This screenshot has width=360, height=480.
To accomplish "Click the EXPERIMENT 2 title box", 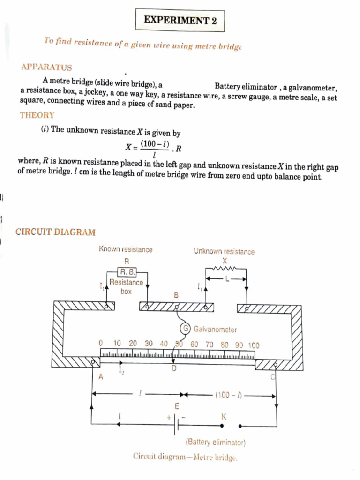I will (x=176, y=20).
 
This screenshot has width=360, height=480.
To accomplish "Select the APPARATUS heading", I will (x=46, y=67).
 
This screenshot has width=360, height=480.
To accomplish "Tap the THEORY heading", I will (x=37, y=115).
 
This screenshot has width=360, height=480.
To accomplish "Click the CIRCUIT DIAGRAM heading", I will (x=55, y=232).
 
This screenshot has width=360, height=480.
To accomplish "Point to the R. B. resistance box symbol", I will (x=127, y=272).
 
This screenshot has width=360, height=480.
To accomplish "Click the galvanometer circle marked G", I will (x=186, y=329).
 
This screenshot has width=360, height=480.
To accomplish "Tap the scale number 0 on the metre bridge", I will (x=100, y=344).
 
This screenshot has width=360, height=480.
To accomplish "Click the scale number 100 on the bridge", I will (x=253, y=345).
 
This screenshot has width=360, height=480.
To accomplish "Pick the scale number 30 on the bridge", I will (x=149, y=344).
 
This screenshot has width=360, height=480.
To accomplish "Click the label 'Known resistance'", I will (x=126, y=250).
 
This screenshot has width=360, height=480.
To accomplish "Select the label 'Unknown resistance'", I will (x=224, y=252).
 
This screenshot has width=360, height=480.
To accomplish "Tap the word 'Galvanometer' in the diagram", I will (x=215, y=330).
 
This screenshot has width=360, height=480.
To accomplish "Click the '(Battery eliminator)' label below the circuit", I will (x=216, y=442).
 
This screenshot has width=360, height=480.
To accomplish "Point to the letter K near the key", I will (x=224, y=416).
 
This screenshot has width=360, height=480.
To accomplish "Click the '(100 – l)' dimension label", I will (x=228, y=395).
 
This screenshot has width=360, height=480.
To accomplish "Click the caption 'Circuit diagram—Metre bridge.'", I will (x=185, y=457).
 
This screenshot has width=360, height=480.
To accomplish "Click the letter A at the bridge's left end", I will (x=100, y=376).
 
